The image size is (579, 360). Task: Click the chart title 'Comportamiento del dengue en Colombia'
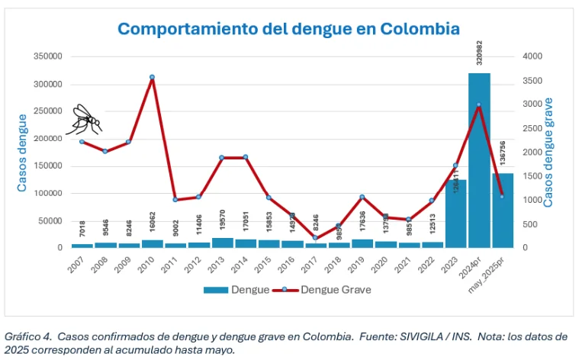tap(288, 30)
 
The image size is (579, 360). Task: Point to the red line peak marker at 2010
tap(152, 77)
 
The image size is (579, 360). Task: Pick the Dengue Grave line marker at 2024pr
tap(479, 104)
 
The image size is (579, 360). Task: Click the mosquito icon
tap(85, 118)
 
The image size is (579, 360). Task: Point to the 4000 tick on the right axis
tap(533, 56)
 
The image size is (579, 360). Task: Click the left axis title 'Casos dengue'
tap(22, 153)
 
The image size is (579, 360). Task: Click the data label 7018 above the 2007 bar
tap(80, 230)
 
